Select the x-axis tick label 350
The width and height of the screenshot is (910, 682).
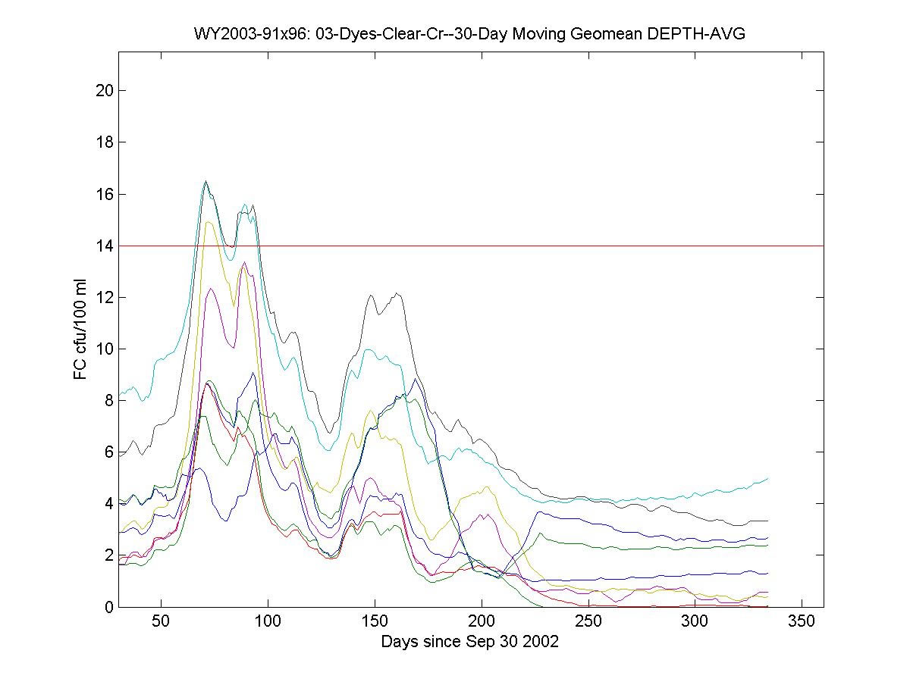point(802,622)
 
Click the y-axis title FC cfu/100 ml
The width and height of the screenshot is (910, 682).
point(80,329)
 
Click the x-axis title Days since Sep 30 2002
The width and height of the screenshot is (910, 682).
point(470,642)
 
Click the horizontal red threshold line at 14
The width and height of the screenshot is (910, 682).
point(531,246)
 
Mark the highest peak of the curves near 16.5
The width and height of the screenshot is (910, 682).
point(206,181)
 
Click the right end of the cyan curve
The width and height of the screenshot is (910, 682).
point(768,478)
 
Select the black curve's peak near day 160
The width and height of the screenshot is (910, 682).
point(397,293)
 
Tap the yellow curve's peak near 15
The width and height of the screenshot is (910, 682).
point(208,222)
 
